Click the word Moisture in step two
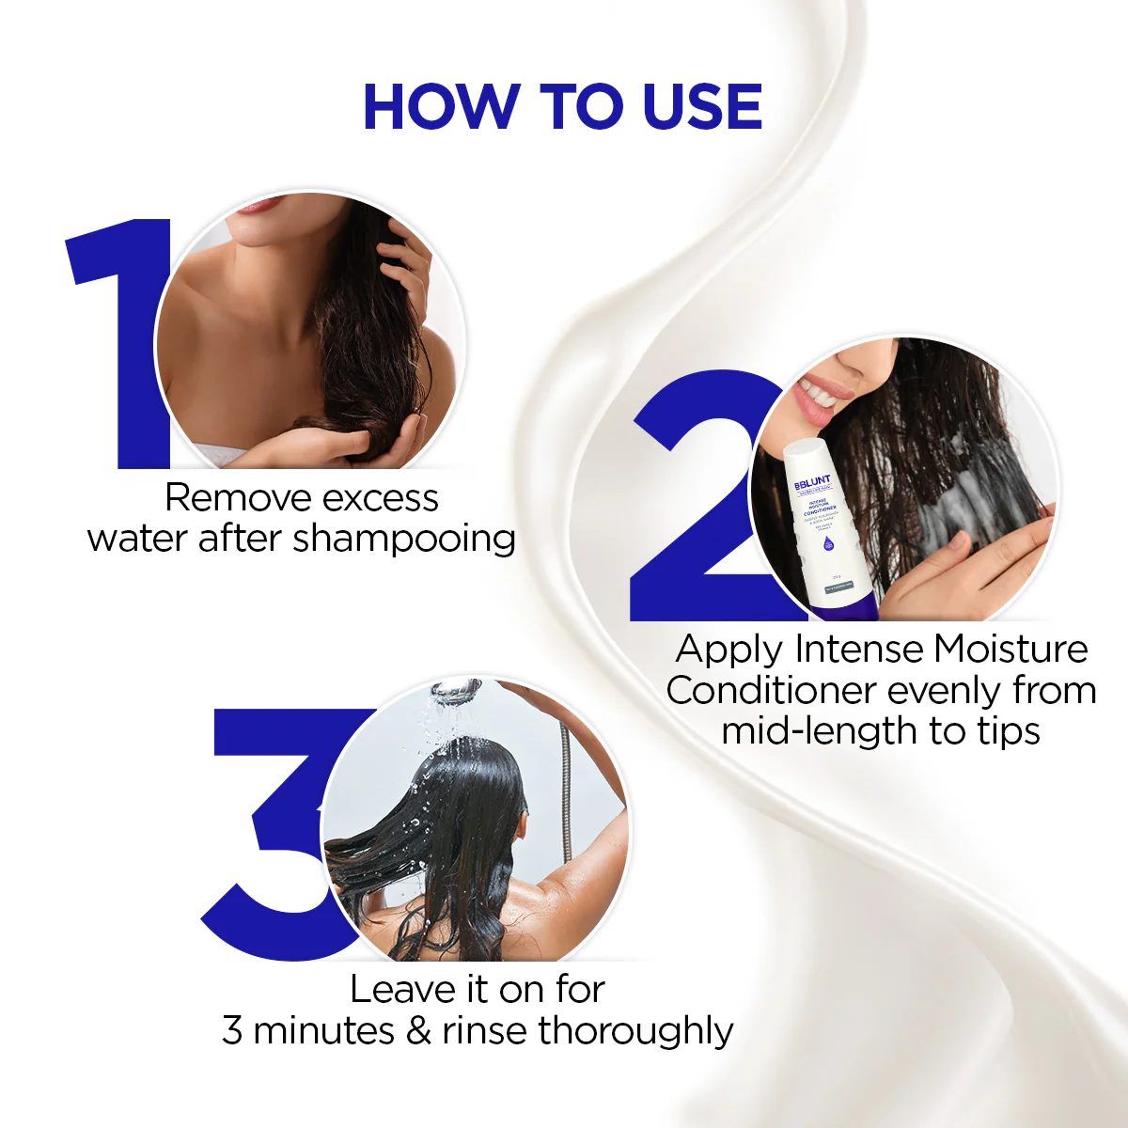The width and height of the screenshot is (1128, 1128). [1010, 650]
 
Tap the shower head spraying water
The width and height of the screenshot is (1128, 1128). [458, 694]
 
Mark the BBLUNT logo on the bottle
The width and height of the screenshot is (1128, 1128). [812, 483]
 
